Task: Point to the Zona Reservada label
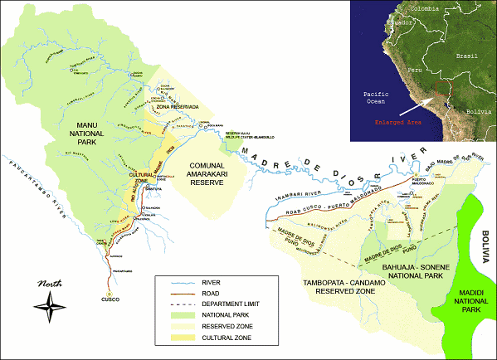click(x=172, y=108)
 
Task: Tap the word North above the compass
click(x=50, y=285)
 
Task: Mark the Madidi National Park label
click(x=466, y=299)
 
